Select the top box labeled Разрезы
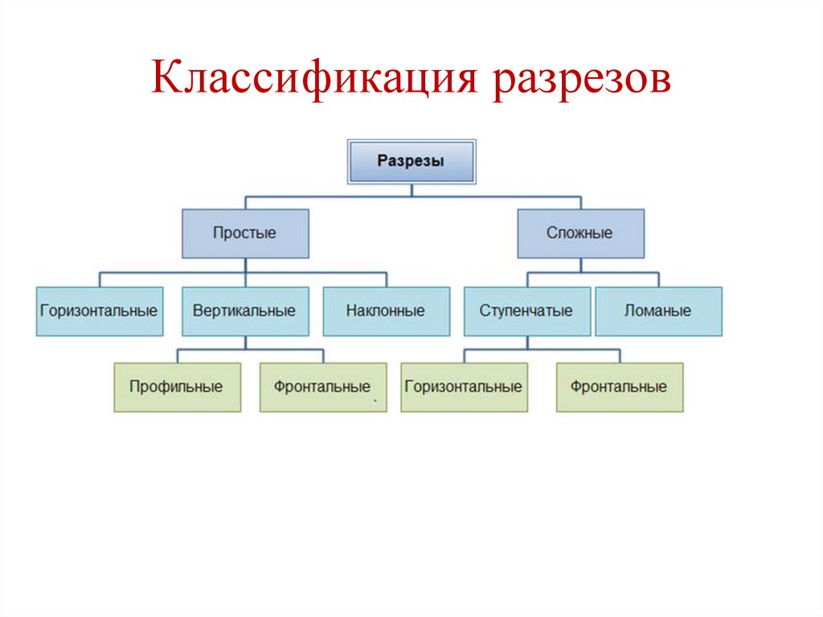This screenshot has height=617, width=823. click(411, 160)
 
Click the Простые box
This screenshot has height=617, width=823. click(245, 233)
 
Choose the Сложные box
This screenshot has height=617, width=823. click(580, 233)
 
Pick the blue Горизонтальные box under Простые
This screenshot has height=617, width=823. click(99, 311)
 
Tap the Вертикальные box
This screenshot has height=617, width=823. click(245, 311)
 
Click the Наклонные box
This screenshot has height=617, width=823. click(386, 311)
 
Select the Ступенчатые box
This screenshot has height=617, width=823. click(526, 311)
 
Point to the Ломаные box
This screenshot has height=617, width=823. click(658, 311)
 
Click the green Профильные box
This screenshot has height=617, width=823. click(177, 387)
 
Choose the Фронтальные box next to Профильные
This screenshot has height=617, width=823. click(322, 387)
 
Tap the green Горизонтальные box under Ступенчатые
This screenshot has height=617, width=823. click(464, 387)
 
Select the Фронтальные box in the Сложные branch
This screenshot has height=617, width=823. click(619, 387)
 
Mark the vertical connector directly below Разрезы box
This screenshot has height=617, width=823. click(411, 189)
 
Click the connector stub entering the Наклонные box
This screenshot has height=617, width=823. click(386, 280)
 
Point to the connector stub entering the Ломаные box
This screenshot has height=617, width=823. click(658, 280)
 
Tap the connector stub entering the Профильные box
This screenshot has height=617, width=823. click(177, 356)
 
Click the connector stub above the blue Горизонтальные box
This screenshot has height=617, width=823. click(99, 280)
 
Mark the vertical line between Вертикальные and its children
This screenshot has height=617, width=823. click(245, 343)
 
